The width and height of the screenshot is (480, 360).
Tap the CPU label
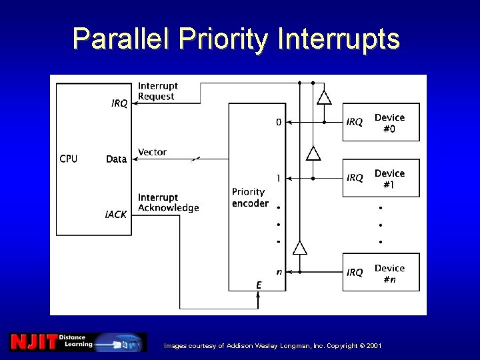[69, 159]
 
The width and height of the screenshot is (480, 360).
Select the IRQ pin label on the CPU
[119, 103]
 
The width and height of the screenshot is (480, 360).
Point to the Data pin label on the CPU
[116, 159]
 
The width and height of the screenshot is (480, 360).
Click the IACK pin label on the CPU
[116, 215]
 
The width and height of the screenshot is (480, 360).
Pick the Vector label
[152, 152]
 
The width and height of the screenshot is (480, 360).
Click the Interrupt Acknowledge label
[168, 203]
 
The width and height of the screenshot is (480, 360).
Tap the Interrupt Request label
[157, 91]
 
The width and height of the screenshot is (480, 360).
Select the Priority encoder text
[250, 197]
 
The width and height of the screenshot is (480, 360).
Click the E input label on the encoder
[259, 285]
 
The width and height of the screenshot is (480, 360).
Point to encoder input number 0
[279, 122]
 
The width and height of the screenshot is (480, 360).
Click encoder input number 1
[279, 178]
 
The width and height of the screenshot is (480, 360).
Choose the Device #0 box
[381, 122]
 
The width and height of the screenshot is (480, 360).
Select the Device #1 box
[381, 178]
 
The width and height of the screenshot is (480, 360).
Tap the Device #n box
[381, 273]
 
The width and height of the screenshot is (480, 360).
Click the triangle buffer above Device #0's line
[324, 97]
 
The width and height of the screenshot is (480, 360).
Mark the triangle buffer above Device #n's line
[300, 248]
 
